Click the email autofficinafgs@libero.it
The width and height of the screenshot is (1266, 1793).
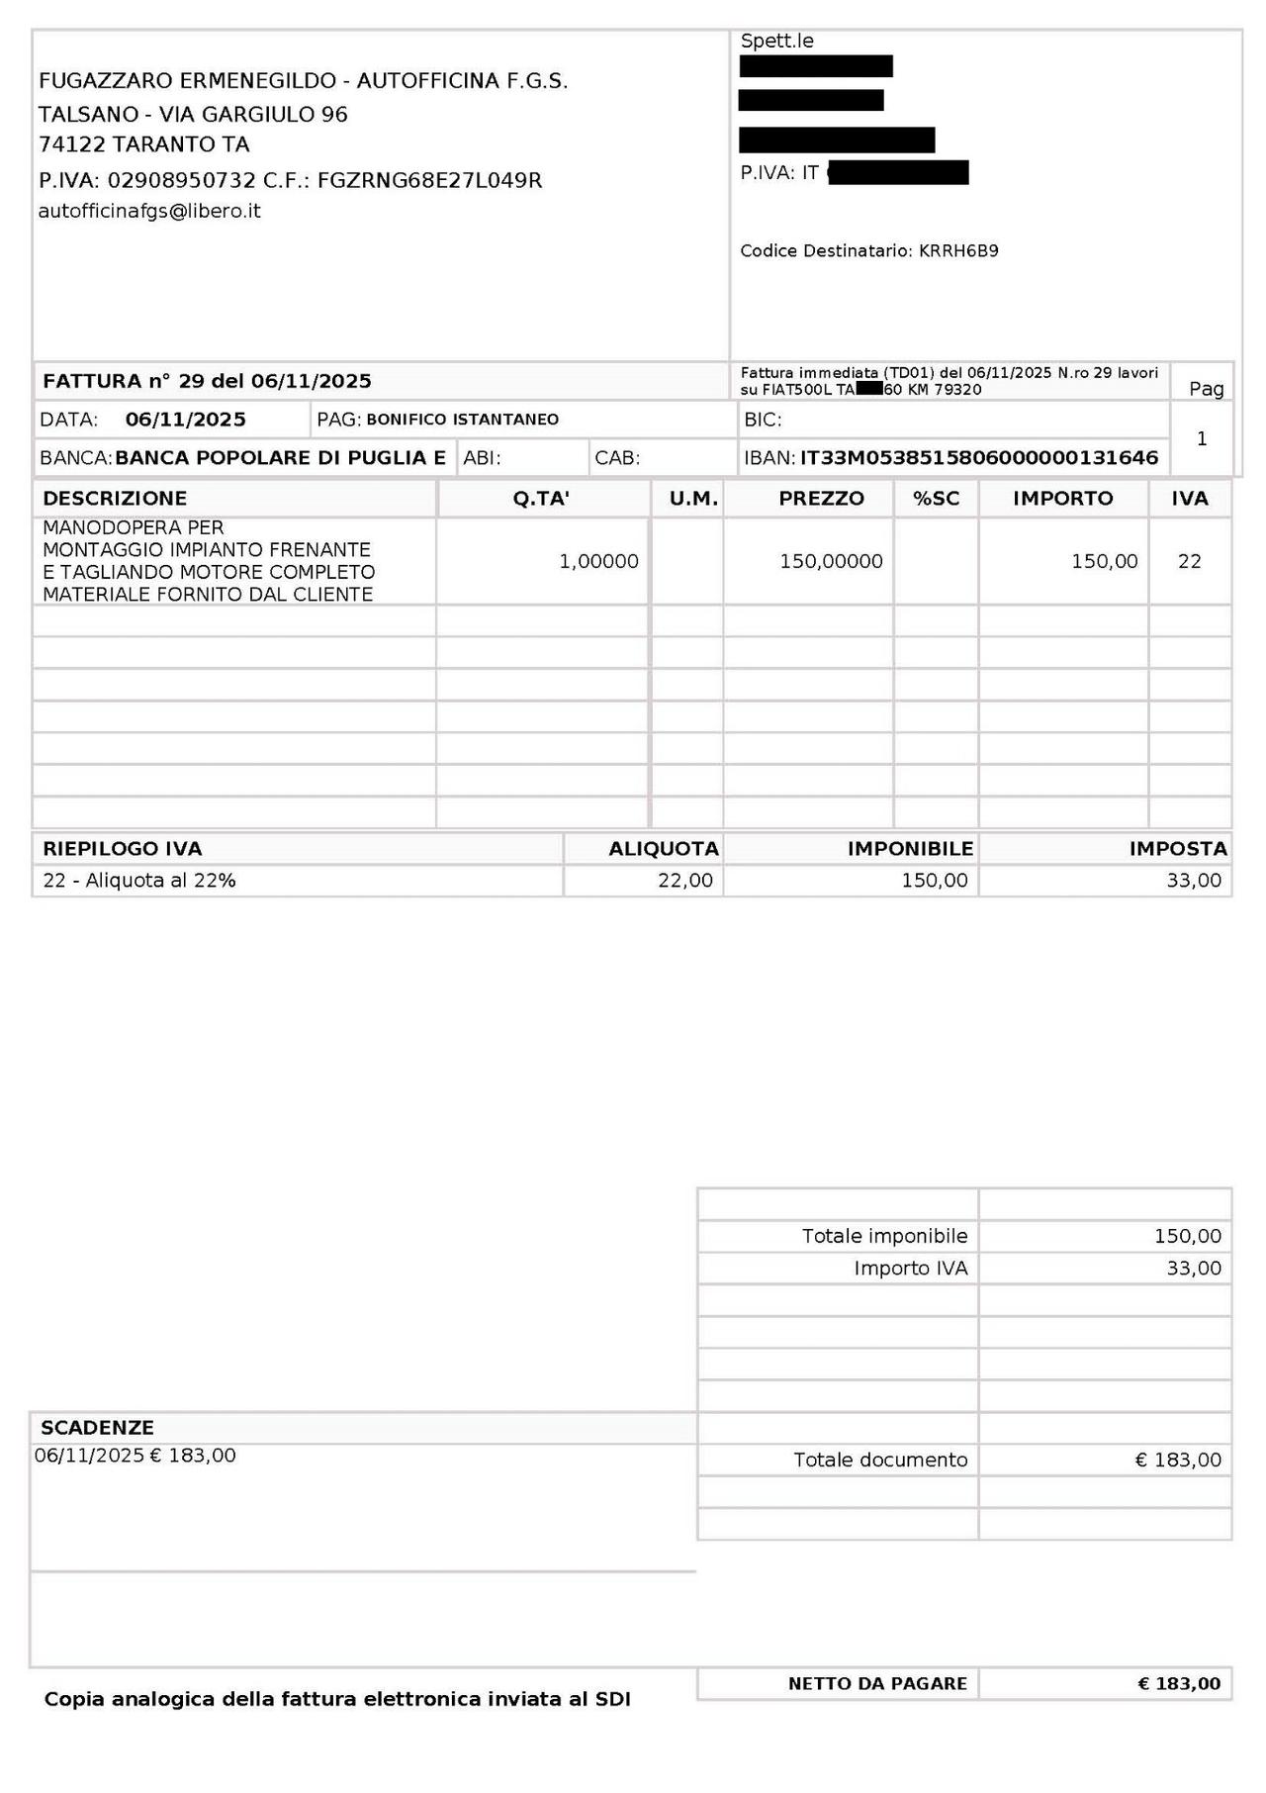[149, 211]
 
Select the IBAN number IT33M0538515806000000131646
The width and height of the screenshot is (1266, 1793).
[978, 458]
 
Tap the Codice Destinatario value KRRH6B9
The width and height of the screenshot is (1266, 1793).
[958, 251]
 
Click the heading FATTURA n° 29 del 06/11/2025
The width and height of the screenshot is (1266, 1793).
[207, 381]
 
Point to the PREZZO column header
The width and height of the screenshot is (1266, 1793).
[821, 499]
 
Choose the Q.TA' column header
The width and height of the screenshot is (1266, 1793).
[541, 499]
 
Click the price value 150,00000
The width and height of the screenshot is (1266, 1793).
[831, 561]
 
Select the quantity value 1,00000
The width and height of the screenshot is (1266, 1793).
[598, 561]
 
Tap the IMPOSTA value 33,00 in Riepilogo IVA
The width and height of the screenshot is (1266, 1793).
[1194, 881]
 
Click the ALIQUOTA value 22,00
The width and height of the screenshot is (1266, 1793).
[684, 881]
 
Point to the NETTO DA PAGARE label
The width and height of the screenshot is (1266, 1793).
[877, 1684]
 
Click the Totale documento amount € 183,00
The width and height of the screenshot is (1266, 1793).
[1178, 1460]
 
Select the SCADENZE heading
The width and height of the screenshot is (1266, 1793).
[97, 1428]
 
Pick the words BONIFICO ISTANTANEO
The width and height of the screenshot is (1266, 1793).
[462, 420]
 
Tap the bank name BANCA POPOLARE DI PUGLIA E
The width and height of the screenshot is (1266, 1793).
[281, 458]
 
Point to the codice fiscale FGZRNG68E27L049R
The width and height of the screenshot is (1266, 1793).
[429, 180]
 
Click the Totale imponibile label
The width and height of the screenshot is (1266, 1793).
[884, 1236]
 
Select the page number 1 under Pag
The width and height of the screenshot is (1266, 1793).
[1202, 438]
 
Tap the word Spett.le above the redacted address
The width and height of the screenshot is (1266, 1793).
[776, 42]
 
